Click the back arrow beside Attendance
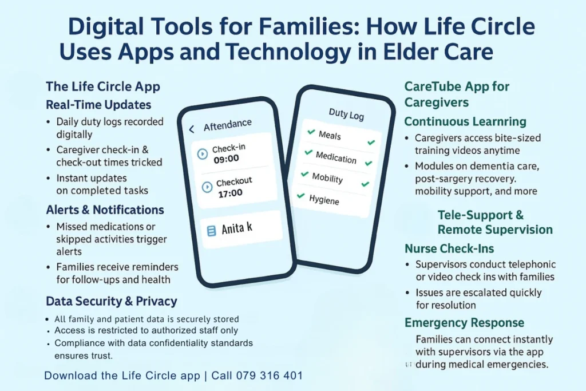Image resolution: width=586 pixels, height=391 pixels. (192, 129)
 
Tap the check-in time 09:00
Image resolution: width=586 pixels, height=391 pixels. (226, 159)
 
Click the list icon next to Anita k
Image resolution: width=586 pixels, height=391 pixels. (211, 230)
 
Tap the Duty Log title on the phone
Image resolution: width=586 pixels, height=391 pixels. (346, 114)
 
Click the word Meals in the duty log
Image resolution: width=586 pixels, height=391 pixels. (330, 136)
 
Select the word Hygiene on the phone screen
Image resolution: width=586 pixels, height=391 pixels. (324, 200)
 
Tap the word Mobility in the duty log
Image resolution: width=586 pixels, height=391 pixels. (327, 177)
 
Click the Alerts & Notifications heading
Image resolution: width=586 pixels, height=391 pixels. (105, 210)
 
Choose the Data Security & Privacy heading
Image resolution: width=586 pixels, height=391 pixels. (111, 301)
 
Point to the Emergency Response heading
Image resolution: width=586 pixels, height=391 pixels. (464, 323)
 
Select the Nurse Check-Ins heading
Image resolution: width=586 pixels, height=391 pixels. (449, 248)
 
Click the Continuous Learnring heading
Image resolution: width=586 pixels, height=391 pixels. (465, 121)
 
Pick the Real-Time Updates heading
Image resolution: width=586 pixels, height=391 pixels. (98, 105)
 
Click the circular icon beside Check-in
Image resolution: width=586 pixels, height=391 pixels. (201, 153)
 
